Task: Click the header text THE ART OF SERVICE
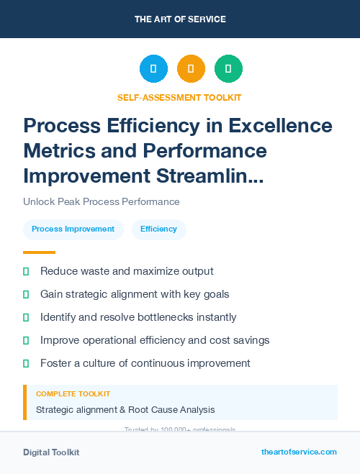[x=180, y=19]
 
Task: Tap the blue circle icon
[x=153, y=68]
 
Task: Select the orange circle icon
[x=191, y=68]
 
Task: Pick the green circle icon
[x=228, y=68]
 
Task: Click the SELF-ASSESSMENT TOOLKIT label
[x=179, y=97]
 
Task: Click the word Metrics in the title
[x=63, y=151]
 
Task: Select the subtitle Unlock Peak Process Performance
[x=101, y=202]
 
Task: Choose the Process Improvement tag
[x=73, y=229]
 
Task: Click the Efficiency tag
[x=158, y=229]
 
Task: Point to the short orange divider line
[x=39, y=252]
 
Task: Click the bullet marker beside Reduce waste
[x=26, y=271]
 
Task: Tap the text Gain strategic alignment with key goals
[x=135, y=294]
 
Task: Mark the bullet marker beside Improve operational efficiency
[x=26, y=340]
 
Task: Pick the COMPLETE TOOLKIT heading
[x=73, y=394]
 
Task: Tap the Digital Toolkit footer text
[x=51, y=452]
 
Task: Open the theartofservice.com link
[x=299, y=452]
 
